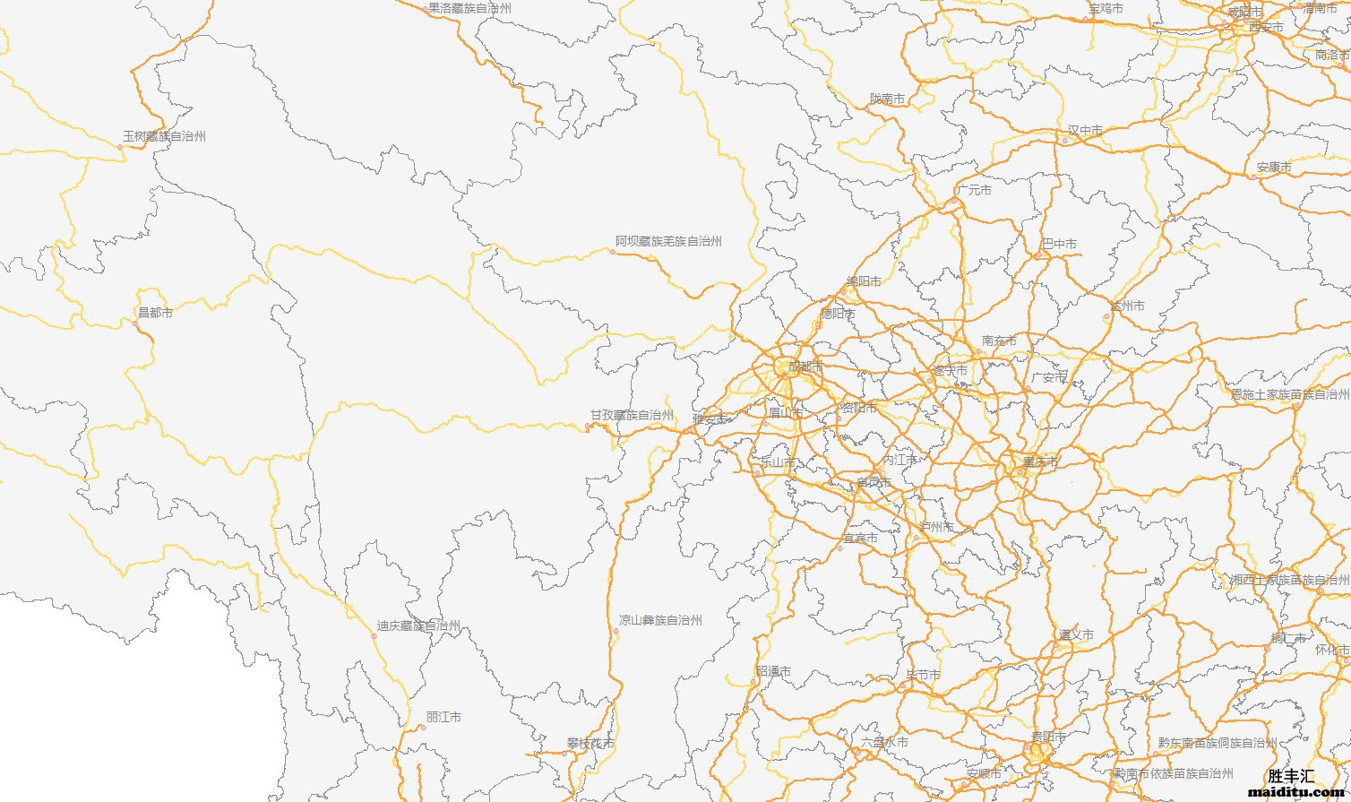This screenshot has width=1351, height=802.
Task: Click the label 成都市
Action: click(805, 367)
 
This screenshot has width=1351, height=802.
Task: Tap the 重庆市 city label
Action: click(1040, 462)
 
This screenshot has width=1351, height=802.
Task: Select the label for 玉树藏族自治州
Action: click(164, 137)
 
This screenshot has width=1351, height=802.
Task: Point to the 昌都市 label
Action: click(155, 313)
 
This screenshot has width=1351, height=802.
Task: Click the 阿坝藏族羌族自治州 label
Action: click(668, 241)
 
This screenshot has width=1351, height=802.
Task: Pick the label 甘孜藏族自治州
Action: click(632, 416)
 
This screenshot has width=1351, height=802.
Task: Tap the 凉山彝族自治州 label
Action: click(660, 620)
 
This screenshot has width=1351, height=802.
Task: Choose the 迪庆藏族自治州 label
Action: click(418, 626)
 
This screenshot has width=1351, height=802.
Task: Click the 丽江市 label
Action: click(443, 718)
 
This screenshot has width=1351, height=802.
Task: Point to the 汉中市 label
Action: click(1085, 131)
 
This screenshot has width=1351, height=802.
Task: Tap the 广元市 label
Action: click(974, 191)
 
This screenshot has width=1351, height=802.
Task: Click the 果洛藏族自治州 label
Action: click(469, 8)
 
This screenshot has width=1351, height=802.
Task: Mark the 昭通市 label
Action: click(773, 671)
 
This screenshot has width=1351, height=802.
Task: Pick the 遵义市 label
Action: click(1075, 635)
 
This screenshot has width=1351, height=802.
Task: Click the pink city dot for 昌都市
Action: click(136, 323)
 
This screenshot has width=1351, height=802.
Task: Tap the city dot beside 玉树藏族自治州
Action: click(120, 147)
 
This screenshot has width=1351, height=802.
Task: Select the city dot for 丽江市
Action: click(422, 727)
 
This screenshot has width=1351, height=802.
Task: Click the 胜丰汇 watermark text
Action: click(1291, 776)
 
